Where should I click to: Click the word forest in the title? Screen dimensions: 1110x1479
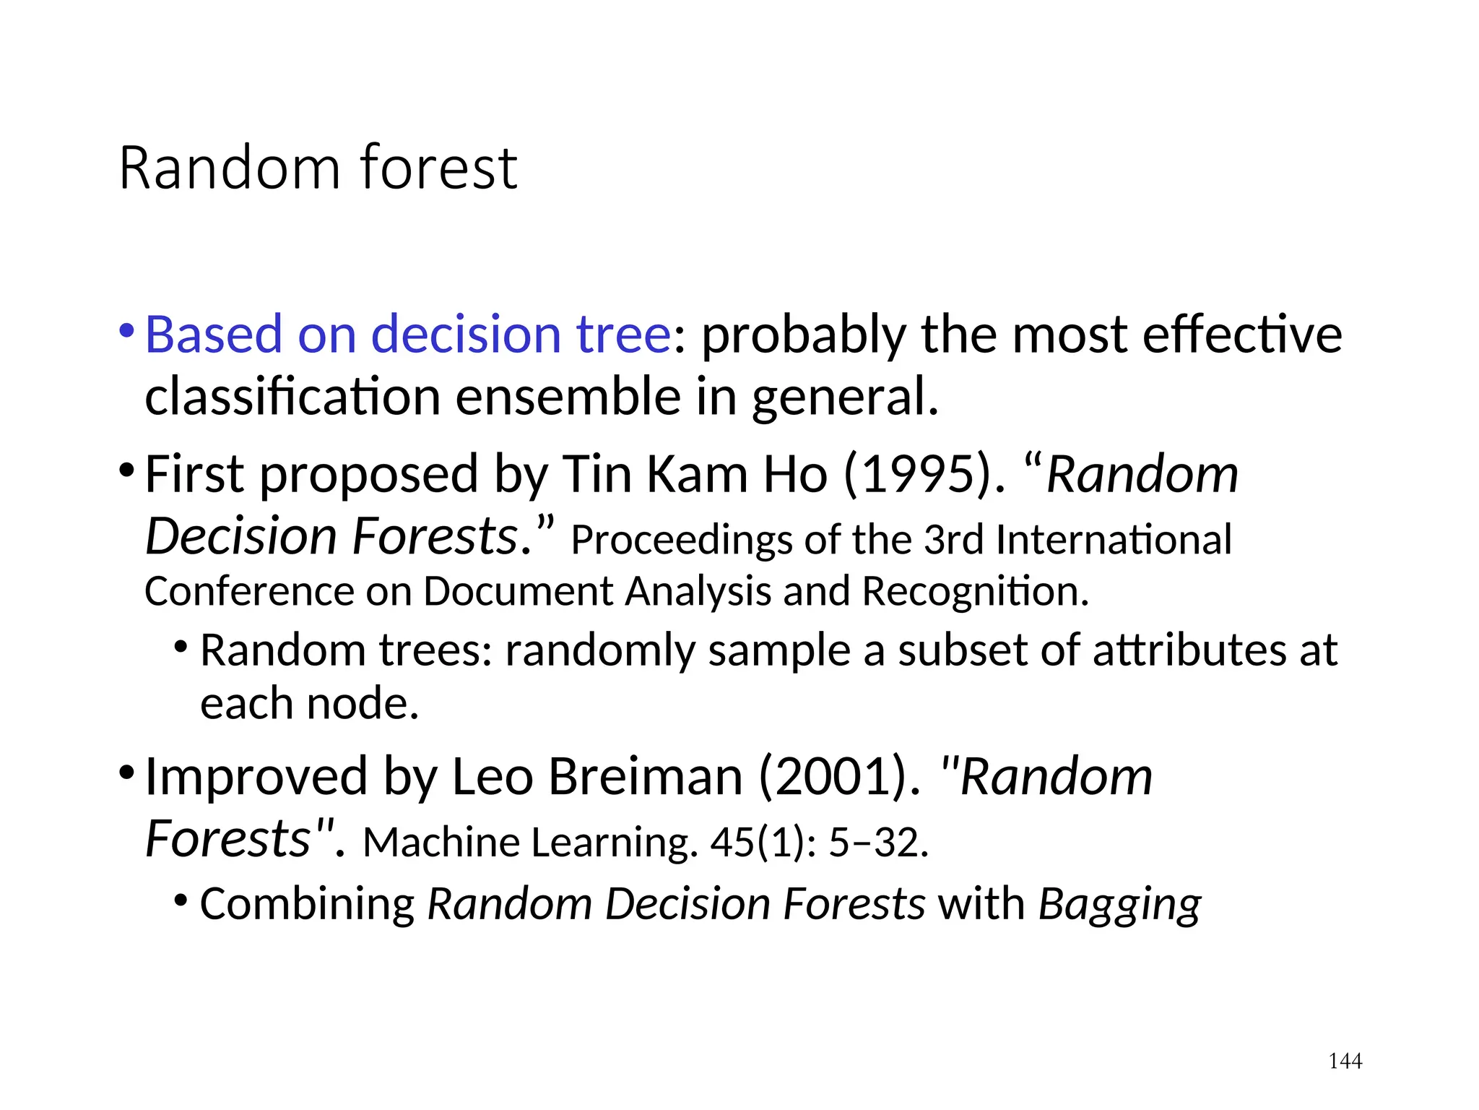coord(438,168)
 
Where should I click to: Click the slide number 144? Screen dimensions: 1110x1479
coord(1345,1061)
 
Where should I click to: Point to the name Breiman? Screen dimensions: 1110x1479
coord(646,777)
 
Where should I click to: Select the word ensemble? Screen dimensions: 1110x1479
coord(568,397)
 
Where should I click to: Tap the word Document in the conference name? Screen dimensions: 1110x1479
coord(517,591)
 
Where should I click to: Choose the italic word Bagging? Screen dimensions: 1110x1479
coord(1119,905)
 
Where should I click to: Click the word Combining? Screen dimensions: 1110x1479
coord(307,905)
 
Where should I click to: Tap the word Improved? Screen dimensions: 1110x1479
coord(256,777)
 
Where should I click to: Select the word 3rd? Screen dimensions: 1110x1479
coord(953,540)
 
